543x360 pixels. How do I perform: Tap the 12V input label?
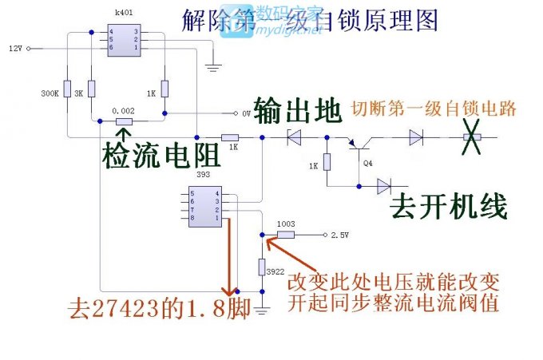15,49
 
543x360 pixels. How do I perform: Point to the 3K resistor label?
79,93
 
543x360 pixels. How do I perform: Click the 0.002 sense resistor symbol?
125,121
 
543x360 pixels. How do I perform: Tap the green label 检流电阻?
160,156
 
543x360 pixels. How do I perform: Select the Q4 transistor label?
367,163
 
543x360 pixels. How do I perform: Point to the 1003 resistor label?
283,224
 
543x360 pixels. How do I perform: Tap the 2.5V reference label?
342,235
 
